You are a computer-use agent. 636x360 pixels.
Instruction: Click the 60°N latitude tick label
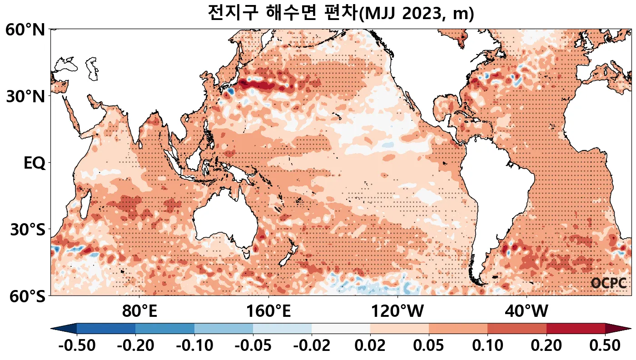point(25,30)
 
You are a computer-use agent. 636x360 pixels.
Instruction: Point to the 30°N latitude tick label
point(25,97)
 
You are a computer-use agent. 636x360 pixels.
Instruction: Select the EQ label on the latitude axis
point(34,163)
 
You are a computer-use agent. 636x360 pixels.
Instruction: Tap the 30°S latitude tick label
point(27,230)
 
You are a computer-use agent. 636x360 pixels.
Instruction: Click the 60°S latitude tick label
point(25,296)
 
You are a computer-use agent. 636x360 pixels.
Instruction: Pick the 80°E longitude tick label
point(139,312)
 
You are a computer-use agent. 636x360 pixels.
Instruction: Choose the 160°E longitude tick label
point(268,312)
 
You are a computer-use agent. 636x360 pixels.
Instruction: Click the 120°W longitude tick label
point(397,312)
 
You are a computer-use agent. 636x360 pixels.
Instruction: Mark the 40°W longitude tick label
point(526,312)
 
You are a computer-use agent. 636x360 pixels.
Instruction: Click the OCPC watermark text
point(609,283)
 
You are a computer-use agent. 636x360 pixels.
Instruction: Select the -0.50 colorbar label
point(77,346)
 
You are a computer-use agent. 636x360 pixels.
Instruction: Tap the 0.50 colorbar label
point(605,346)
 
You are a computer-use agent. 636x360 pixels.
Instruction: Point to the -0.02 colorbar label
point(312,346)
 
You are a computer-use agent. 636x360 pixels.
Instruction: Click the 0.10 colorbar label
point(487,346)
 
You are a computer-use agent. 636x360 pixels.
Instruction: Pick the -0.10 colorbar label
point(194,346)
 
